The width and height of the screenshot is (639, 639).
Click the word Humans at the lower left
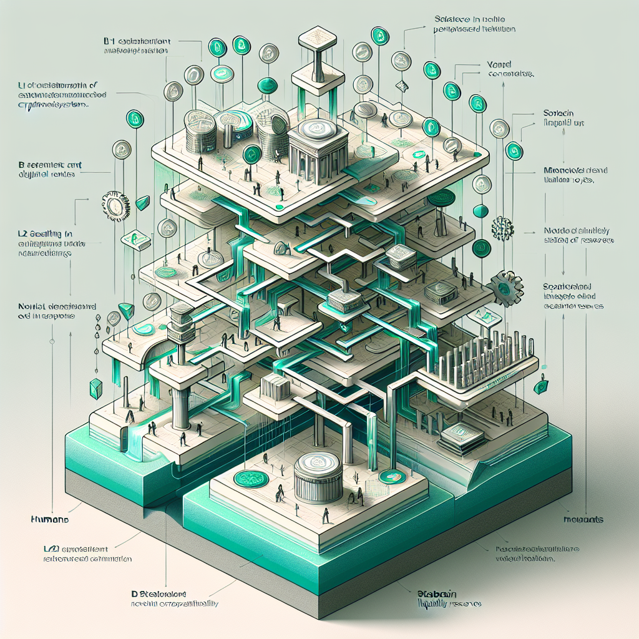coord(49,519)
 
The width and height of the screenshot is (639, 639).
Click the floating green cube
coord(95,388)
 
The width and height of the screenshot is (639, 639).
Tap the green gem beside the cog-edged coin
coord(143,202)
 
